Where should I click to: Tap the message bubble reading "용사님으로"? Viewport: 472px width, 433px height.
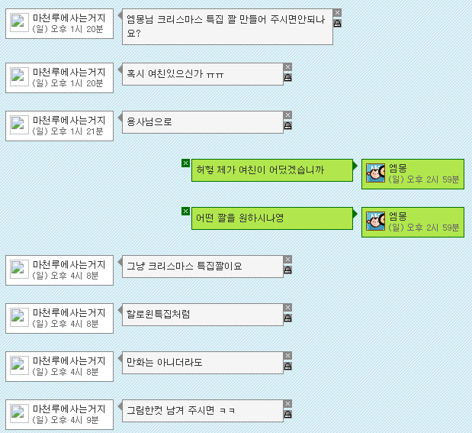pos(149,122)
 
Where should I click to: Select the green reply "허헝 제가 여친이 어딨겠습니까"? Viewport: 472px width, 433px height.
pos(260,170)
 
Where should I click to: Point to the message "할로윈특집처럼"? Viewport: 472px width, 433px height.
pos(159,314)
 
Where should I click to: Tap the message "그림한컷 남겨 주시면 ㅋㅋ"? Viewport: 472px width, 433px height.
pos(181,410)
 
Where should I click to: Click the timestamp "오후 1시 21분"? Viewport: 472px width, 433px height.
pos(77,131)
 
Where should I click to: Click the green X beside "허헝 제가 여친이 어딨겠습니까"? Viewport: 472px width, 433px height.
pos(185,163)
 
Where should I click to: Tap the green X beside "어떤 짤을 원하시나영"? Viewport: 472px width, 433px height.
pos(185,212)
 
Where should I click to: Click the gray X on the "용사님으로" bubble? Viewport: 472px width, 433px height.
pos(287,115)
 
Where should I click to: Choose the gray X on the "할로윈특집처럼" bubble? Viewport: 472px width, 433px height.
pos(287,308)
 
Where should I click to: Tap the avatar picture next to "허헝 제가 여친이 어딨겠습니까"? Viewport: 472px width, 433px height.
pos(375,173)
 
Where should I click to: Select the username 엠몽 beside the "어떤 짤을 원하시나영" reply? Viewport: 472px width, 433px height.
pos(398,216)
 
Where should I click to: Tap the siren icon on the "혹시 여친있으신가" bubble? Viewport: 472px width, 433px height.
pos(287,79)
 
